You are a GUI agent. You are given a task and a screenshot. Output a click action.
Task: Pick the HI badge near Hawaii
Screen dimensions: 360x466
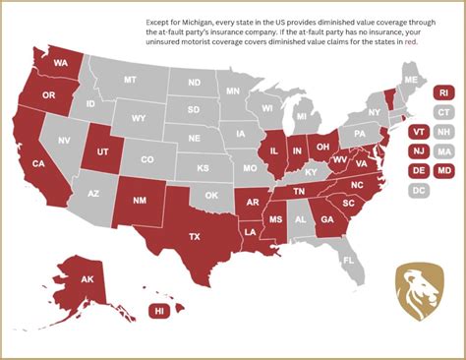tap(158, 311)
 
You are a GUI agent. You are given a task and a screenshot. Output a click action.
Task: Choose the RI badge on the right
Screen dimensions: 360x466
tap(443, 93)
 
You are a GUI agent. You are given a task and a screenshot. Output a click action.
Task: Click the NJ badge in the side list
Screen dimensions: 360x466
tap(418, 150)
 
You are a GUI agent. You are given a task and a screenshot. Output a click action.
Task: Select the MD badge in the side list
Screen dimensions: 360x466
tap(443, 170)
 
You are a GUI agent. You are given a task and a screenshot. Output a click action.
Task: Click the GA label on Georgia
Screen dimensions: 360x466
tap(326, 220)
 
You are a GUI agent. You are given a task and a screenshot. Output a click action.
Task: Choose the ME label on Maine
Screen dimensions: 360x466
tap(411, 79)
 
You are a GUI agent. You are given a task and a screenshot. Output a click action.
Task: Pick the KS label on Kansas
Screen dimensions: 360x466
tap(203, 168)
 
